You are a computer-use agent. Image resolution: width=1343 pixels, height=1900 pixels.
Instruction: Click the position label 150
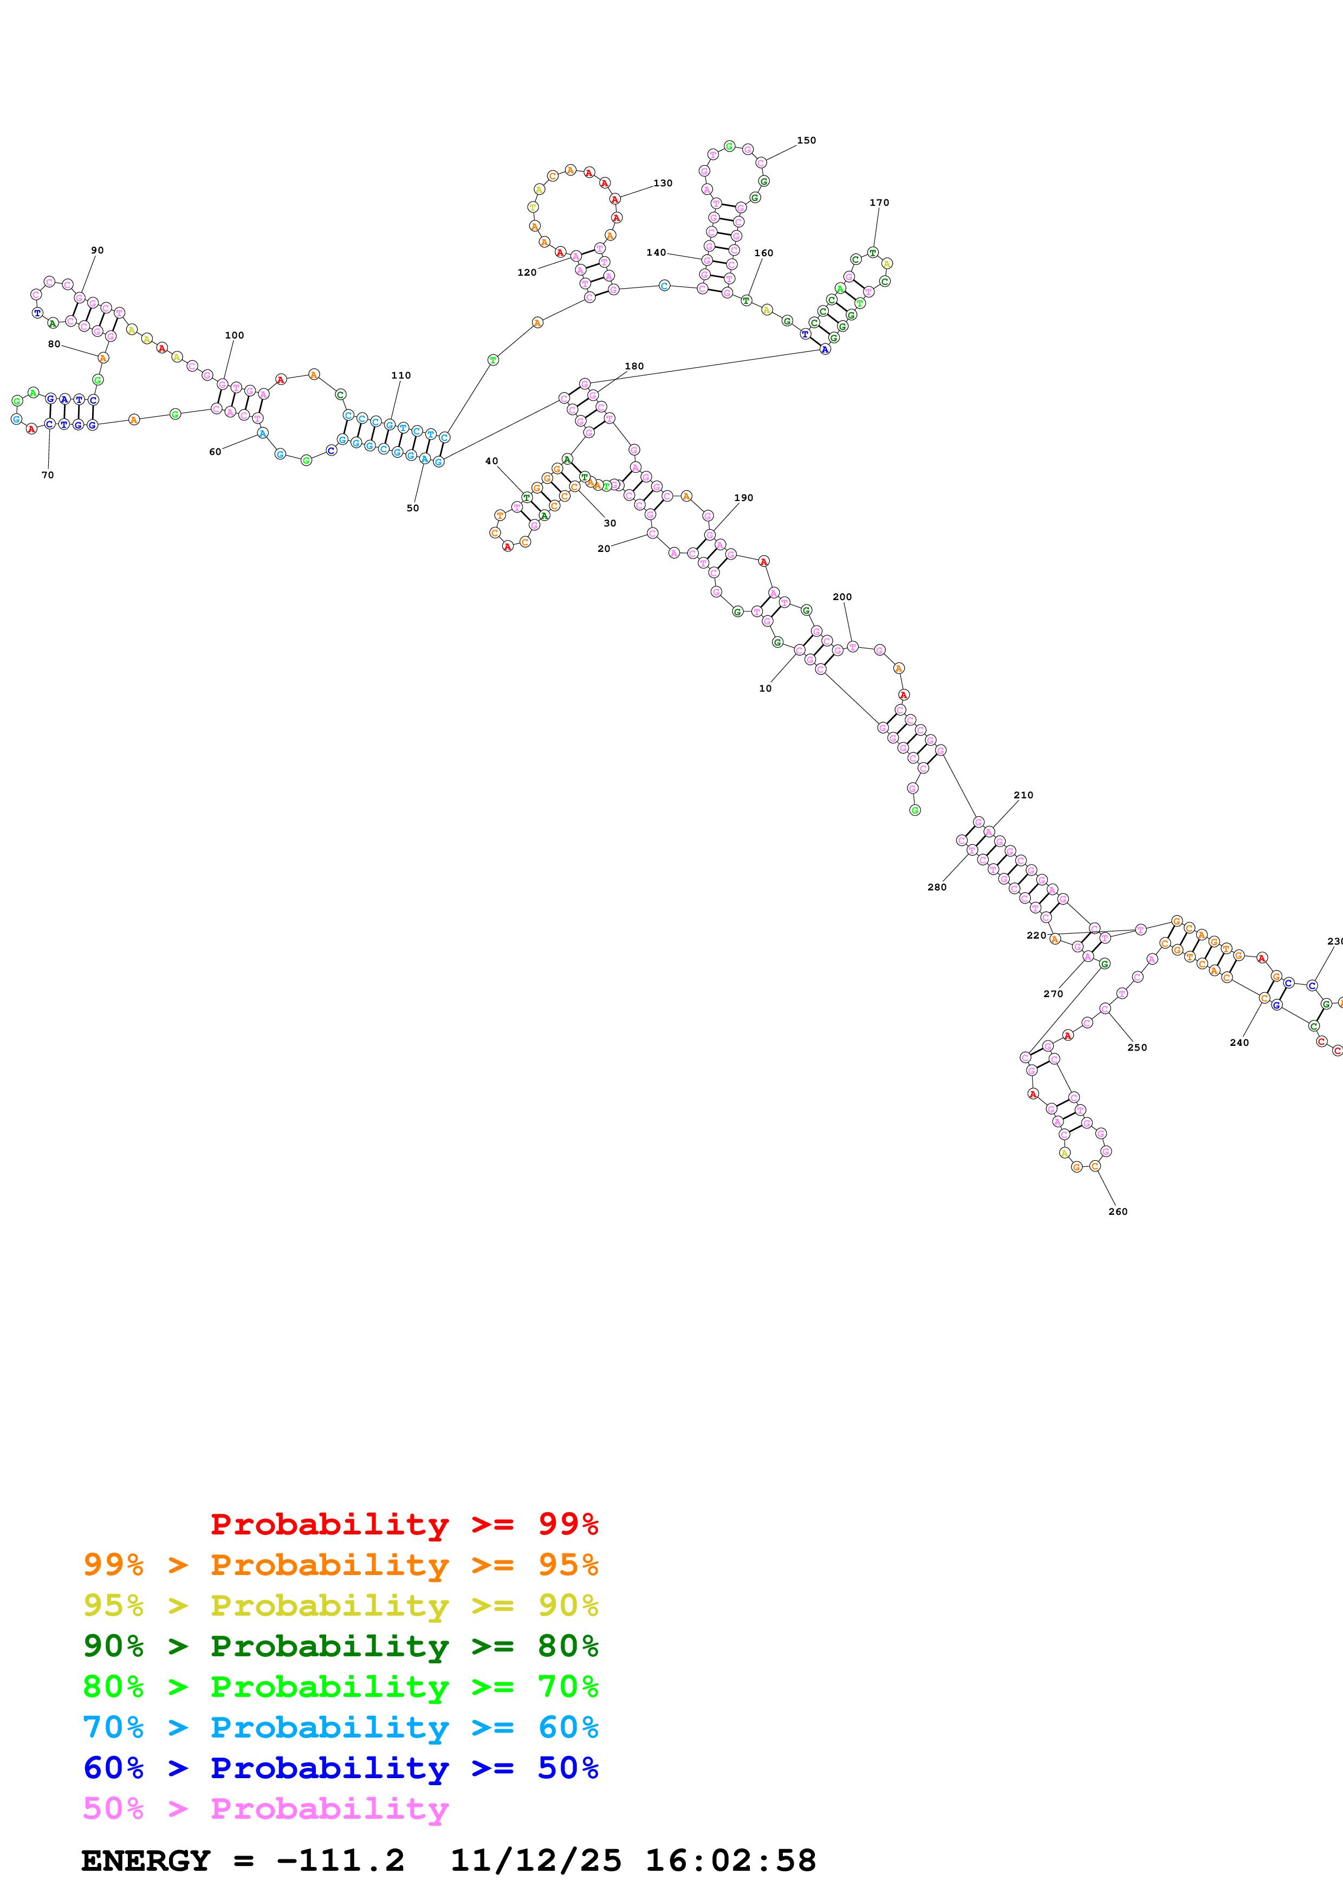point(806,141)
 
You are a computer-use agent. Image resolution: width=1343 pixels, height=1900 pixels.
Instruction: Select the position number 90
point(98,250)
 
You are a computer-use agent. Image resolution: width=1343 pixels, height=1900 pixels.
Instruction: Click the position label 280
point(936,887)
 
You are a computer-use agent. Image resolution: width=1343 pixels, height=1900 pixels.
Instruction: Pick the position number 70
point(48,475)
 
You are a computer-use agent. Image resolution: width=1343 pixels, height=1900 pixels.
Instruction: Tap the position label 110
point(400,376)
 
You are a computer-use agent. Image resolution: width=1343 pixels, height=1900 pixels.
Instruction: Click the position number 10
point(765,688)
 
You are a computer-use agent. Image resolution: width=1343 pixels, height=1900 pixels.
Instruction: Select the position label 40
point(491,461)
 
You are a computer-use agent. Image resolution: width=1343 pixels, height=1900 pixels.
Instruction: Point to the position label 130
point(663,184)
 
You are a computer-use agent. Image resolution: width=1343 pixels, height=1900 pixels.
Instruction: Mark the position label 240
point(1239,1043)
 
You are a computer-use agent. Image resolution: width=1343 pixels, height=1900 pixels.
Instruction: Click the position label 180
point(634,367)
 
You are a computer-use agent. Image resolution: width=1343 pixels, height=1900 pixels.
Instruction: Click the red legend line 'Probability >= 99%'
point(404,1524)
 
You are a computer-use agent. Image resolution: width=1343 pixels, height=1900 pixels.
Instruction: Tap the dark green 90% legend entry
point(340,1646)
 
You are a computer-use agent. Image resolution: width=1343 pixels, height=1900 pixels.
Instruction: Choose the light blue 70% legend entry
point(340,1727)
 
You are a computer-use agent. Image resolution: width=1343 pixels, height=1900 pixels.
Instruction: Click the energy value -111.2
point(340,1861)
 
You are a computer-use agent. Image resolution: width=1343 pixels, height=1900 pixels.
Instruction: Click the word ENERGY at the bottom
point(146,1861)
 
